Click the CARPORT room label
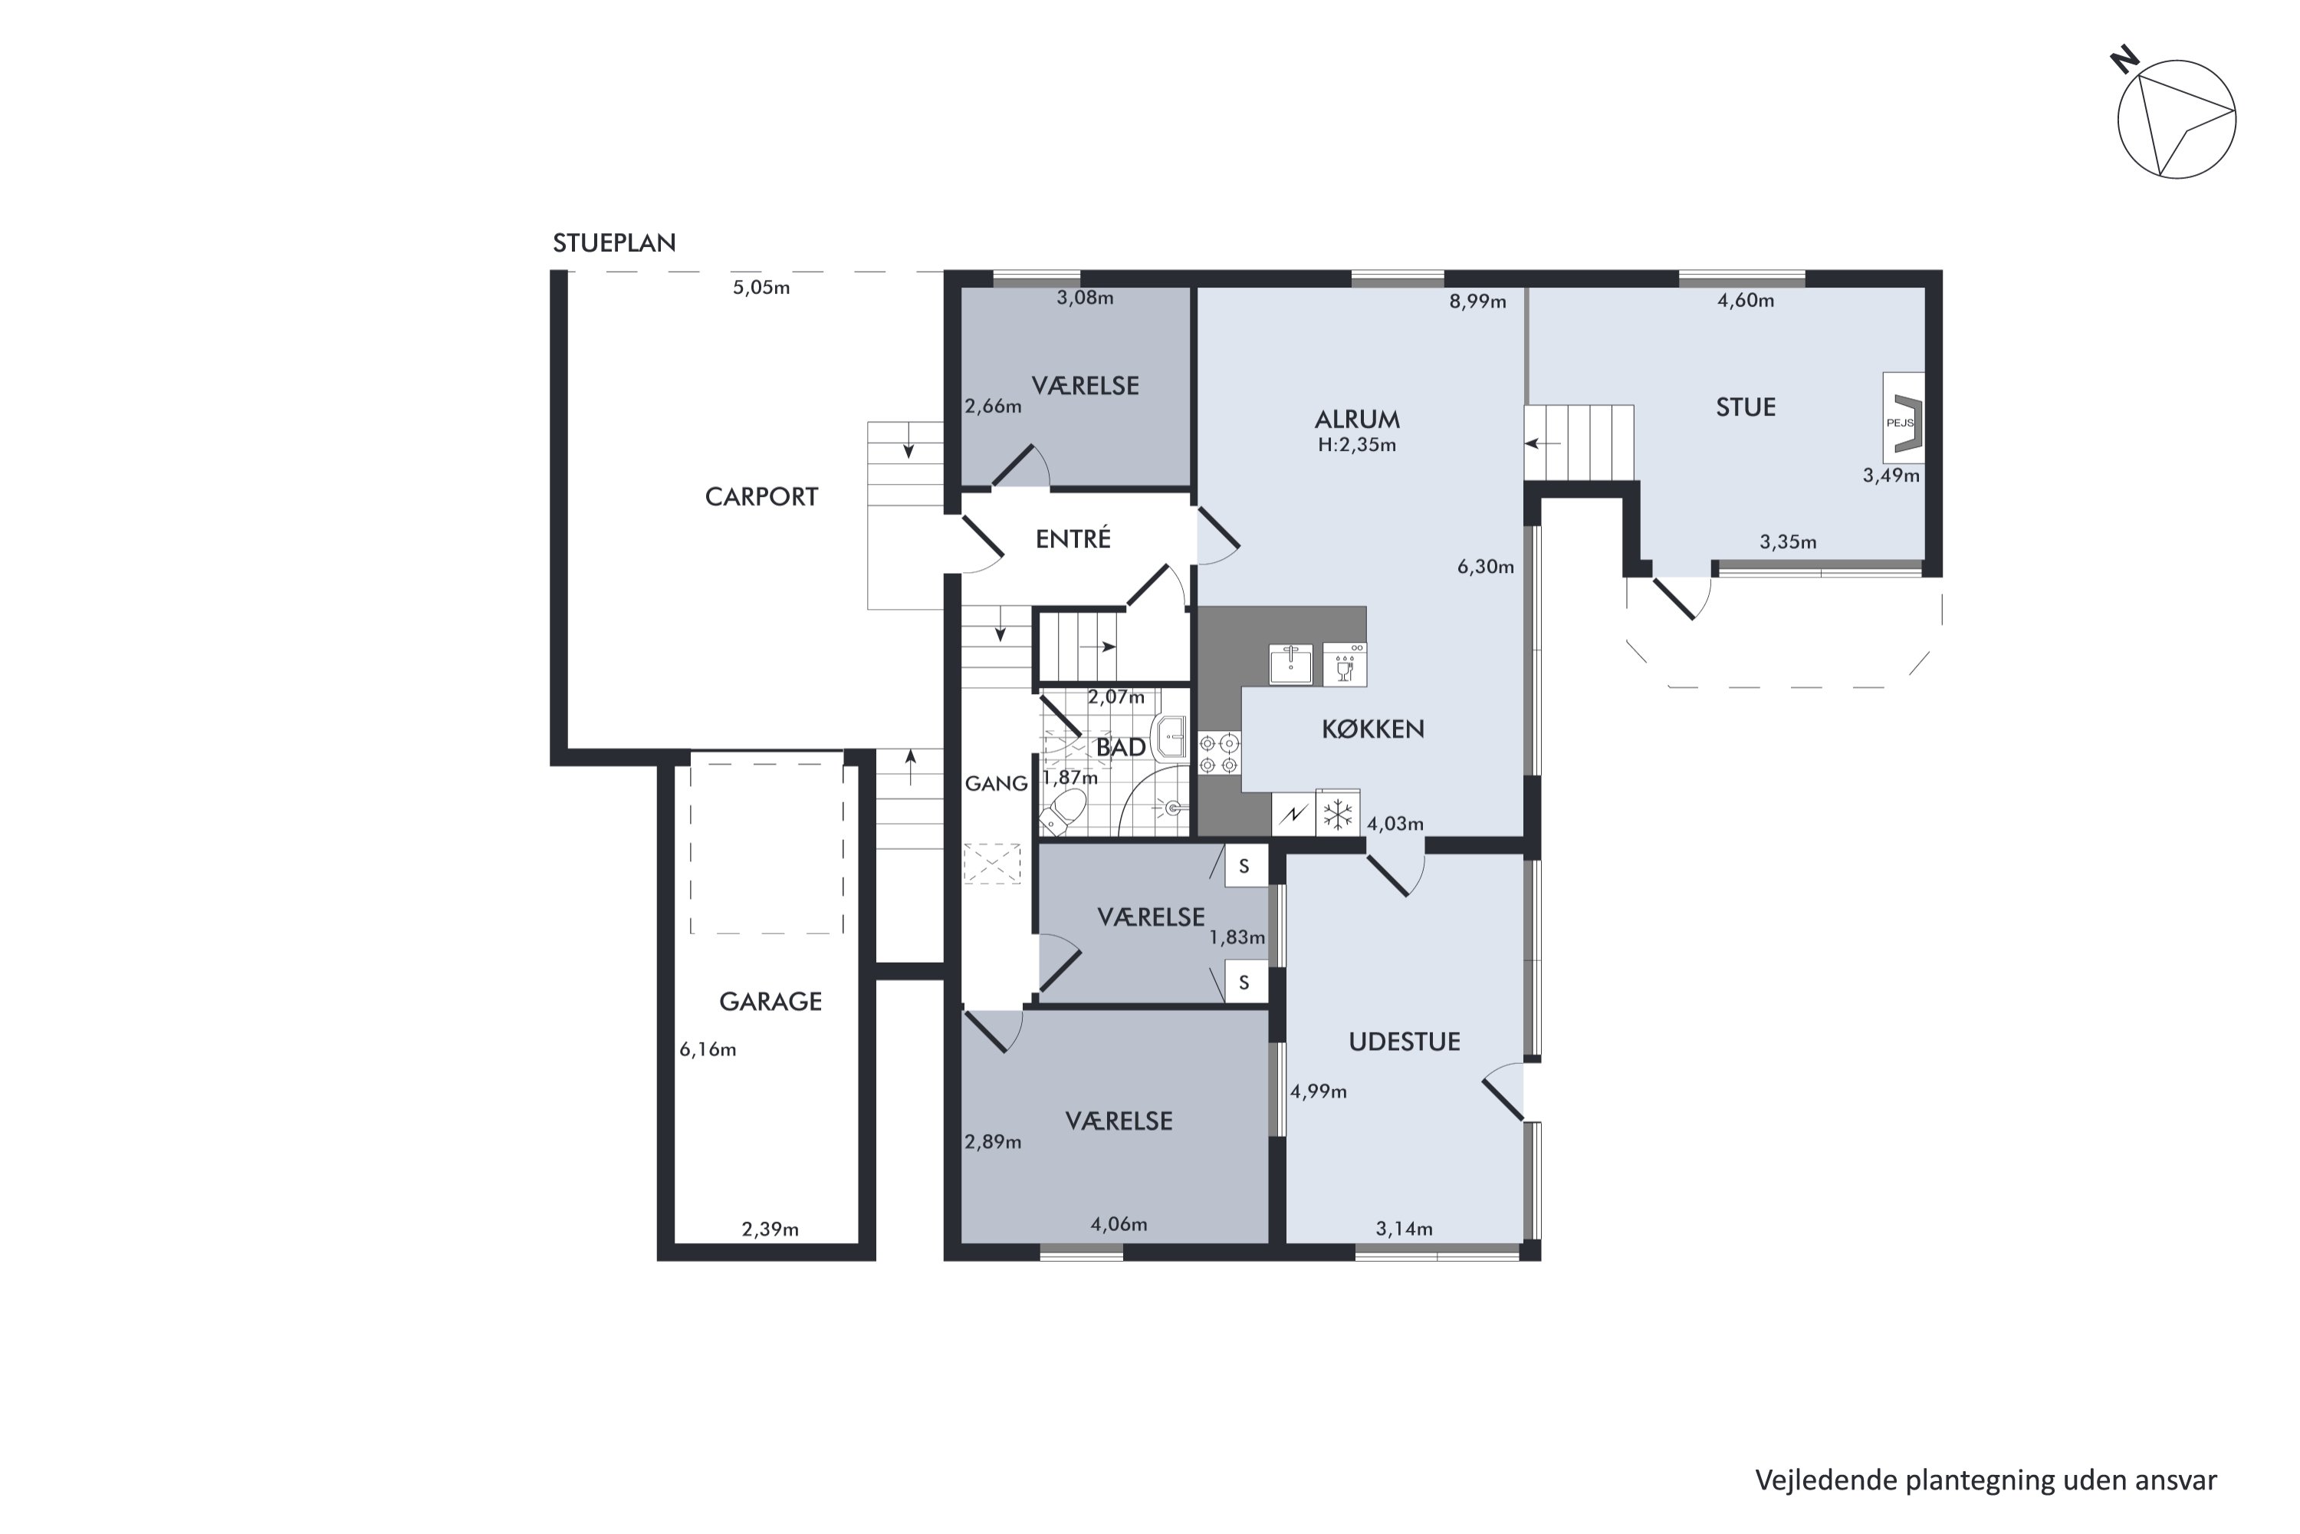tap(761, 497)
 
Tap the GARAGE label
tap(770, 1002)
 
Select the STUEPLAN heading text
tap(614, 242)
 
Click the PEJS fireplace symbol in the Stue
tap(1903, 418)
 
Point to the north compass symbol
tap(2175, 117)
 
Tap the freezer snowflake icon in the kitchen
tap(1338, 814)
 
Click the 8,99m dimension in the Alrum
tap(1477, 301)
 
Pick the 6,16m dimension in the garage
tap(708, 1050)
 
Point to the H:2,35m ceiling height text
tap(1357, 445)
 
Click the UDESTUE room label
tap(1405, 1042)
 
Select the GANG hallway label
tap(997, 784)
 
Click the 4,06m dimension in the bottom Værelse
tap(1119, 1224)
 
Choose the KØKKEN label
tap(1373, 729)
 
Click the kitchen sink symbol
tap(1291, 663)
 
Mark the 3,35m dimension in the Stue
tap(1789, 542)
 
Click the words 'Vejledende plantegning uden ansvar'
tap(1986, 1480)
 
